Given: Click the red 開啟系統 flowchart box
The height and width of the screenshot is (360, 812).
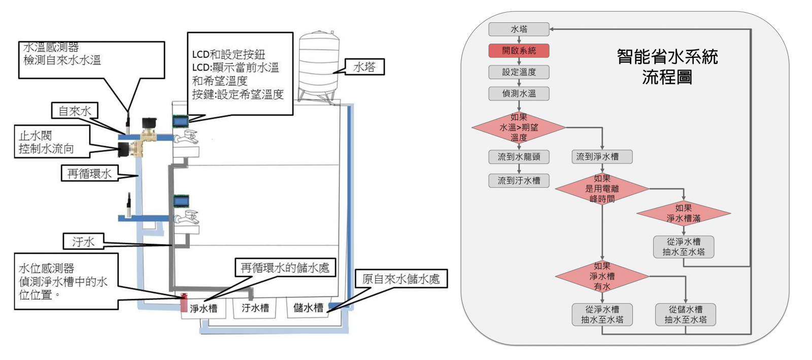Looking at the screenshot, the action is pyautogui.click(x=519, y=51).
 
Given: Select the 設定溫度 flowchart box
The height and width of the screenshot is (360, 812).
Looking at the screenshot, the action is pyautogui.click(x=519, y=72).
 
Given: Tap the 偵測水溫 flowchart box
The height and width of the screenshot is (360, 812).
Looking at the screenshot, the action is pyautogui.click(x=519, y=93).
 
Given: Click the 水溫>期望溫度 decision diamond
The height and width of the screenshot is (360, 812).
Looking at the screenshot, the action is pyautogui.click(x=519, y=127).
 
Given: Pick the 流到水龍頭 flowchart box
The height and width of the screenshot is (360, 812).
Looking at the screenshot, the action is pyautogui.click(x=519, y=157).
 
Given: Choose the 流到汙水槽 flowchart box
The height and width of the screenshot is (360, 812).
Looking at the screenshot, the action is pyautogui.click(x=519, y=181).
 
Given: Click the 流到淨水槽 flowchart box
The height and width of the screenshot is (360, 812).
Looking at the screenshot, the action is pyautogui.click(x=602, y=157).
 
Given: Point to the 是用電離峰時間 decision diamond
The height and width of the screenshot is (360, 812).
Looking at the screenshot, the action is pyautogui.click(x=602, y=189).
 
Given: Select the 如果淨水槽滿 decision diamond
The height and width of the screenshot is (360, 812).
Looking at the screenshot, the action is pyautogui.click(x=684, y=213).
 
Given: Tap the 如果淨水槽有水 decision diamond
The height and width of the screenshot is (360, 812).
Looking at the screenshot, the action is pyautogui.click(x=602, y=276).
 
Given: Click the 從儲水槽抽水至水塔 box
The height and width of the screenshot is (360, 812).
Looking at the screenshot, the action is pyautogui.click(x=686, y=315).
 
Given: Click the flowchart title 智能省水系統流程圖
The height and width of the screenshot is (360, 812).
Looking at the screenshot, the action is pyautogui.click(x=667, y=67).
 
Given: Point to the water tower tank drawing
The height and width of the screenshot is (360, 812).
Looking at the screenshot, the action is pyautogui.click(x=319, y=67).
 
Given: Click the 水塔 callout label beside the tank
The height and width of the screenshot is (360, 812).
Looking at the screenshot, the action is pyautogui.click(x=364, y=67).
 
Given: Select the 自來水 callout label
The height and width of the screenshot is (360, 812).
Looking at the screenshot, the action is pyautogui.click(x=75, y=111).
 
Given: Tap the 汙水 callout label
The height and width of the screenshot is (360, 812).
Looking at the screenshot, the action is pyautogui.click(x=83, y=242).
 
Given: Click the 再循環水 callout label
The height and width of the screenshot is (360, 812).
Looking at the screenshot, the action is pyautogui.click(x=89, y=174).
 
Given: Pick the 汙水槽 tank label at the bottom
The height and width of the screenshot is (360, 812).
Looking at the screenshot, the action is pyautogui.click(x=256, y=308).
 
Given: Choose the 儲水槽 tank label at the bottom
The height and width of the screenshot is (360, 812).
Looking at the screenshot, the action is pyautogui.click(x=308, y=308).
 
